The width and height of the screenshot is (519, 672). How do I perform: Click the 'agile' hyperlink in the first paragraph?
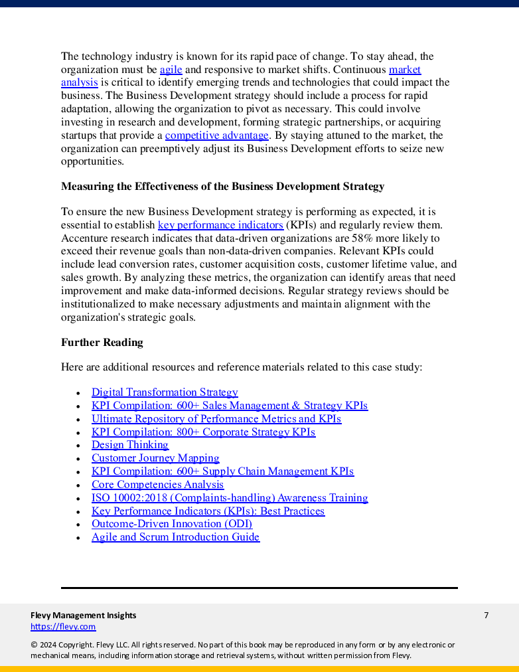[171, 70]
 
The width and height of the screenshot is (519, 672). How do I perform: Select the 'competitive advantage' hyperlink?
[216, 135]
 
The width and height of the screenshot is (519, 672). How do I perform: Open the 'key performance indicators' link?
[220, 225]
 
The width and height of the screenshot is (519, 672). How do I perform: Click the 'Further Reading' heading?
[102, 343]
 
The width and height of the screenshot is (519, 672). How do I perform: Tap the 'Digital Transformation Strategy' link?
[165, 392]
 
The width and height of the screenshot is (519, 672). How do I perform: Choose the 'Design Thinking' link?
[129, 445]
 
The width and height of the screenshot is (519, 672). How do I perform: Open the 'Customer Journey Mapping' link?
[155, 458]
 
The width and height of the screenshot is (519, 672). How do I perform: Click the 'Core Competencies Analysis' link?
[157, 485]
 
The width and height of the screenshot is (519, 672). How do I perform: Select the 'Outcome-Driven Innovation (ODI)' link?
[172, 524]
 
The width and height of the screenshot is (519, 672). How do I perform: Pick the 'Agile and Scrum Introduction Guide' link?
[175, 537]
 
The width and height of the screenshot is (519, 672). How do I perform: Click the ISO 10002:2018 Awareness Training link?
[230, 498]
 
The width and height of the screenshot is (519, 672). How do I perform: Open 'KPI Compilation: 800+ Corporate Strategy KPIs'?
[203, 432]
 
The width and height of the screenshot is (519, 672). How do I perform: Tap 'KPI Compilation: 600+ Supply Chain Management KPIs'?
[222, 471]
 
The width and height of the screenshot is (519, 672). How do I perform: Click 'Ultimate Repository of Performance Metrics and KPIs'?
[216, 419]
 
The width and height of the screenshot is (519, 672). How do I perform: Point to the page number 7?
[486, 616]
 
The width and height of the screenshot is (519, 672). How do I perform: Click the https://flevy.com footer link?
[63, 627]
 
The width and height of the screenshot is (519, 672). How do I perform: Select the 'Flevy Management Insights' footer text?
[83, 616]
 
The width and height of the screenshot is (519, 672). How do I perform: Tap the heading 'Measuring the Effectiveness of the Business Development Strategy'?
[222, 187]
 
